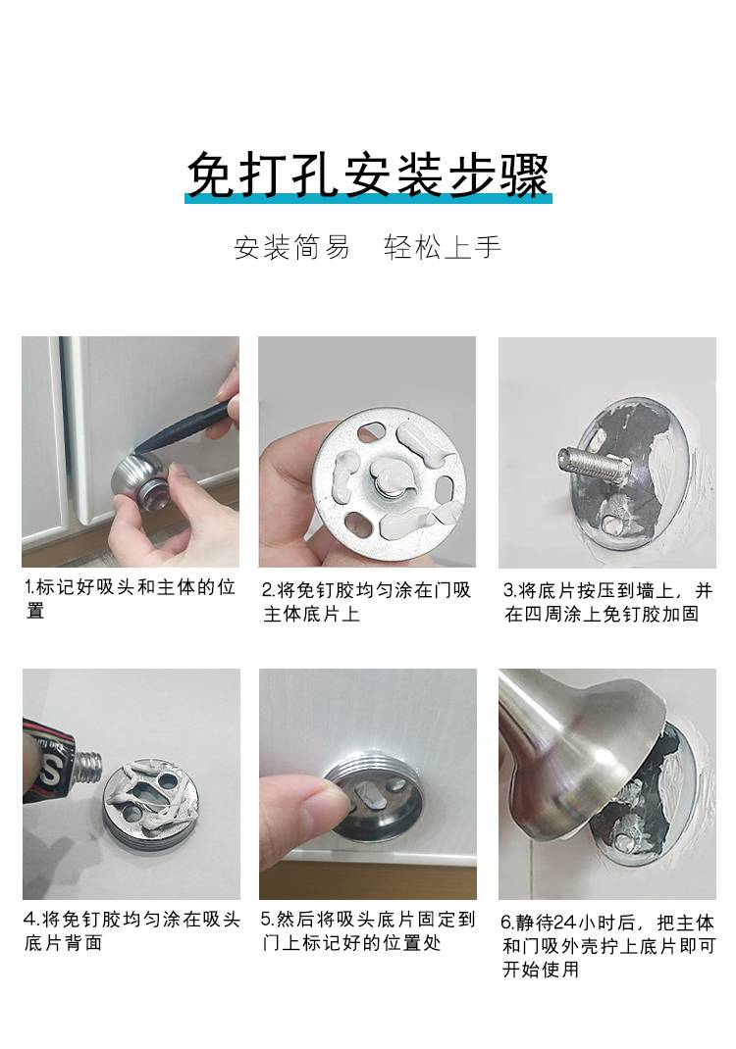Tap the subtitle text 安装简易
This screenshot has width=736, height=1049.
[x=292, y=247]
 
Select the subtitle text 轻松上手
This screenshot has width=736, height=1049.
[x=443, y=247]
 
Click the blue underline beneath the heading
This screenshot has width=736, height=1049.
[x=368, y=198]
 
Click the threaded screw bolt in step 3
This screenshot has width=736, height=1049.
[x=590, y=467]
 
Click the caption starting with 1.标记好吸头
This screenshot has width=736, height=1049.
[x=130, y=599]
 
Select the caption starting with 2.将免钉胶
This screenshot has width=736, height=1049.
[x=366, y=601]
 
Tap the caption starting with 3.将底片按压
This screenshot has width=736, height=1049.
[x=606, y=601]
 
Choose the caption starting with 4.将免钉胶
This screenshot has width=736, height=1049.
[x=131, y=930]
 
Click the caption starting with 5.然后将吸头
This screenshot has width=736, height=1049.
[x=368, y=930]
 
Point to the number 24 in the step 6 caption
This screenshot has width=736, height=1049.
[x=565, y=923]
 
